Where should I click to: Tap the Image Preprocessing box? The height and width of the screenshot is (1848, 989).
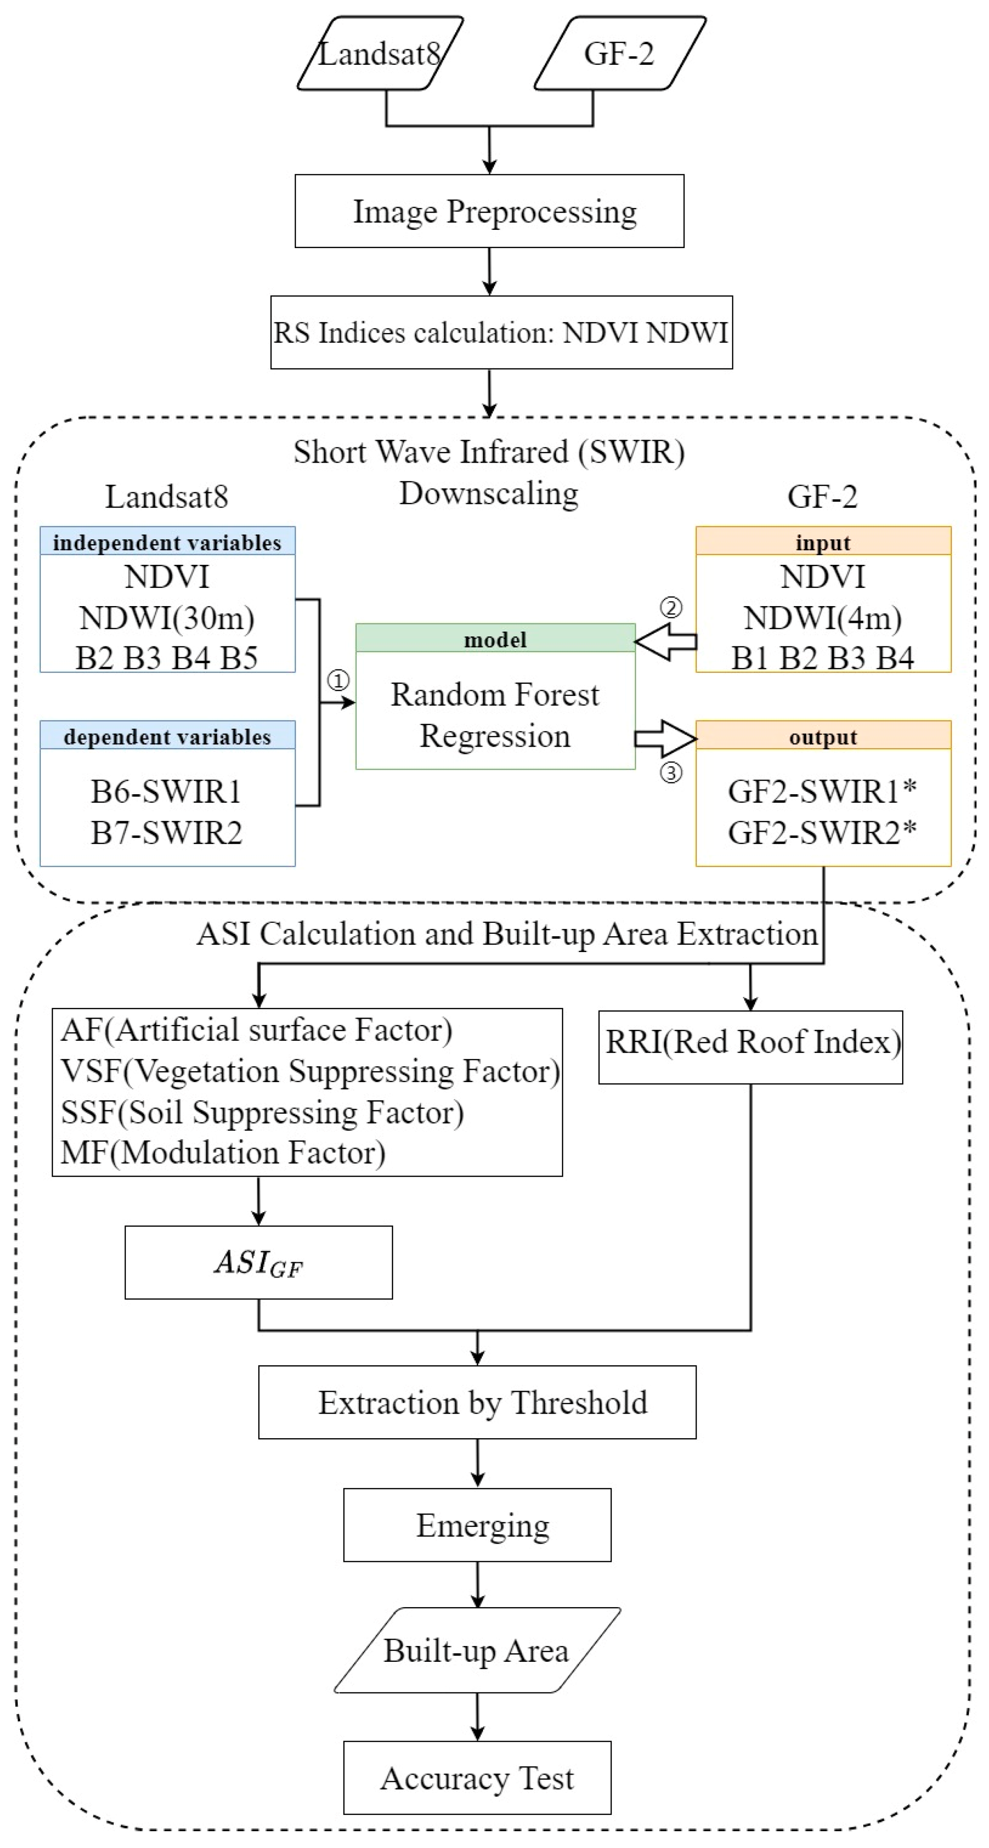[x=490, y=212]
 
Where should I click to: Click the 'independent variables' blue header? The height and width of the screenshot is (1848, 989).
[x=167, y=542]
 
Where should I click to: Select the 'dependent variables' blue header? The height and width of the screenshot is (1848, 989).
[x=167, y=736]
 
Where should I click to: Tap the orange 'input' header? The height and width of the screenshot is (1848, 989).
[x=823, y=542]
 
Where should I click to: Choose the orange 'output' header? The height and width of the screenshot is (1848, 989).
[x=823, y=736]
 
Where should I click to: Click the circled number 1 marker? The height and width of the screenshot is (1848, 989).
[x=338, y=680]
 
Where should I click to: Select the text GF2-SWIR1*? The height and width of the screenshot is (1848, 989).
[x=822, y=792]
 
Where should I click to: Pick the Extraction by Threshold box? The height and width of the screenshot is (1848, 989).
[x=477, y=1403]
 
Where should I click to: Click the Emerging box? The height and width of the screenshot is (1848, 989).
[x=477, y=1525]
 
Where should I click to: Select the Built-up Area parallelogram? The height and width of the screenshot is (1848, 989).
[x=477, y=1651]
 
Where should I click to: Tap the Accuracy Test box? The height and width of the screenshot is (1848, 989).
[x=477, y=1777]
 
